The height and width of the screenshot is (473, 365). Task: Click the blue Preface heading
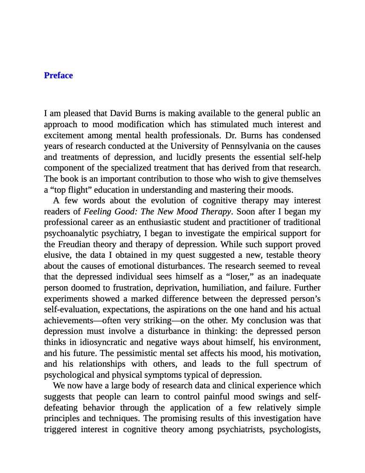[58, 75]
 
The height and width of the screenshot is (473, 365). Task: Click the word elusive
[57, 255]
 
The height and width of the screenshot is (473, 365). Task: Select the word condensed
[300, 135]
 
